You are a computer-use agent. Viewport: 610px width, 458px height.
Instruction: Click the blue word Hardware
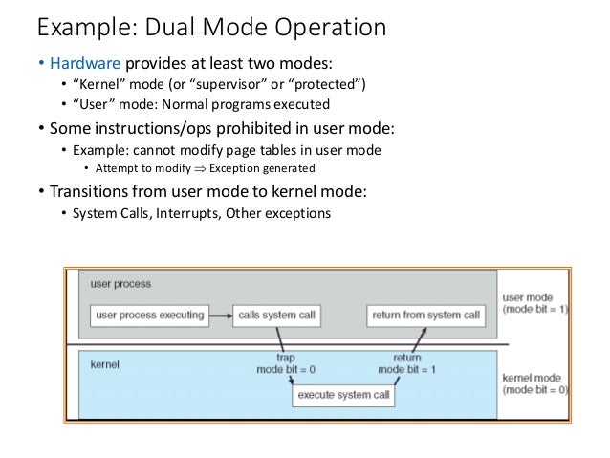pos(85,63)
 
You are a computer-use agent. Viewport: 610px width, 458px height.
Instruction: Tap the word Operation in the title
pos(330,28)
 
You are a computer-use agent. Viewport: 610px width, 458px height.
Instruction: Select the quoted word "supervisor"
pos(229,84)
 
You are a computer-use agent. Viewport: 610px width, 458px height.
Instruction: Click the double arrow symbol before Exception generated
pos(200,169)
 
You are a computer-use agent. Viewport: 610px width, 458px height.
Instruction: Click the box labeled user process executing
pos(149,316)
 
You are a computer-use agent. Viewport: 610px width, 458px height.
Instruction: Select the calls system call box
pos(276,316)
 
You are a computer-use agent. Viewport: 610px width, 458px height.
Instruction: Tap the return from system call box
pos(426,316)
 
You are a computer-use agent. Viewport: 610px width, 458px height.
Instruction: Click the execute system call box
pos(343,395)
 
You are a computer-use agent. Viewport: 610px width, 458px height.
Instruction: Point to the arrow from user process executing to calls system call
pos(221,316)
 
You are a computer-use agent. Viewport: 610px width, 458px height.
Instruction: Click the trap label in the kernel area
pos(286,358)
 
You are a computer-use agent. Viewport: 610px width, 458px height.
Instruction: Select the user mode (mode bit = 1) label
pos(535,303)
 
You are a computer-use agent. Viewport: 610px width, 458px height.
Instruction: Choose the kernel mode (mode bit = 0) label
pos(535,383)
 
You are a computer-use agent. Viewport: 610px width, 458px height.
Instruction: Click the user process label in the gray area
pos(120,284)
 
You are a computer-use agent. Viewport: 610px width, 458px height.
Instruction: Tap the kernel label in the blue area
pos(104,364)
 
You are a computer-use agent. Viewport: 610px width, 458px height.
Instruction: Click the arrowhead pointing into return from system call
pos(425,331)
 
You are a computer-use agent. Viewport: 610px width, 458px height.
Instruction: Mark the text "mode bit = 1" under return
pos(406,370)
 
